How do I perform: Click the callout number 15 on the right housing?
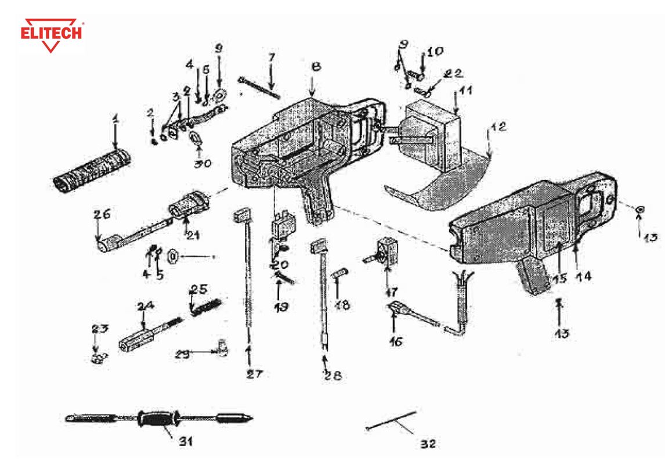(558, 279)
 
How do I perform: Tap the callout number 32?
(427, 444)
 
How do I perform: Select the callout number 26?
(102, 215)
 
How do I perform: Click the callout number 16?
(395, 341)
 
